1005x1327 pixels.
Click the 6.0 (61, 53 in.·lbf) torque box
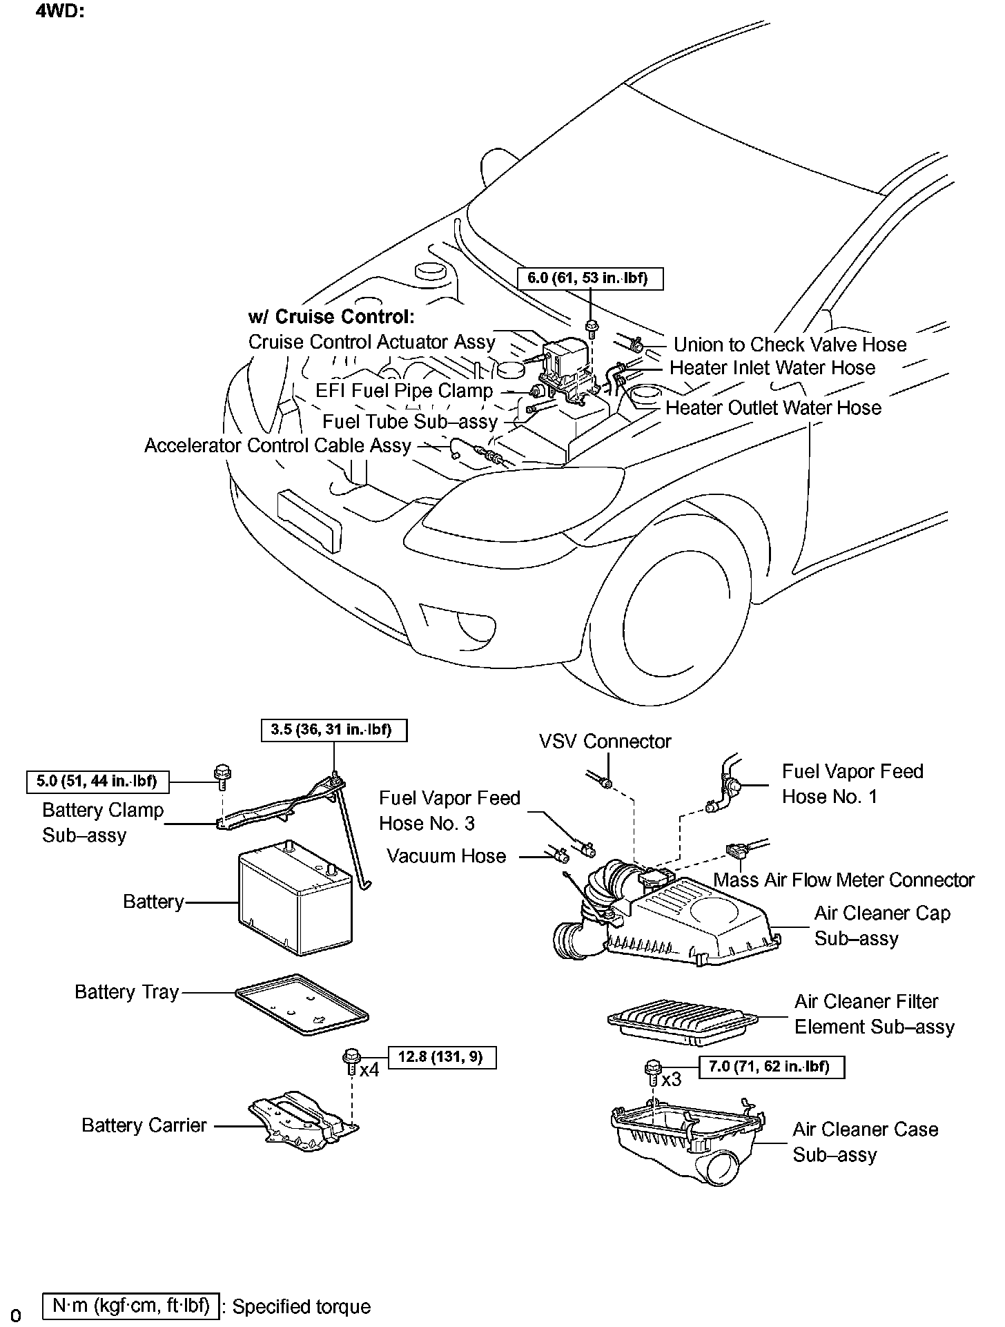coord(590,278)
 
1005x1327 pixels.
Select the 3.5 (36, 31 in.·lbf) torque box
coord(334,730)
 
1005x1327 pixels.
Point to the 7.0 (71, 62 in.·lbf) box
coord(772,1067)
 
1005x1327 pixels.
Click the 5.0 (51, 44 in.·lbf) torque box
coord(97,782)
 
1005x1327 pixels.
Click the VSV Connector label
coord(605,742)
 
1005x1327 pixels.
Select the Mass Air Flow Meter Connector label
coord(843,880)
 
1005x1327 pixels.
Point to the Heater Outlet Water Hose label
coord(773,408)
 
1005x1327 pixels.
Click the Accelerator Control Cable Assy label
coord(277,445)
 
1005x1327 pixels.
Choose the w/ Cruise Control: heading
coord(331,317)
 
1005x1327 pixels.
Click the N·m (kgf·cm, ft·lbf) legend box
coord(131,1306)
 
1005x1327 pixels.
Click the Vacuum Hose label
coord(447,856)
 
